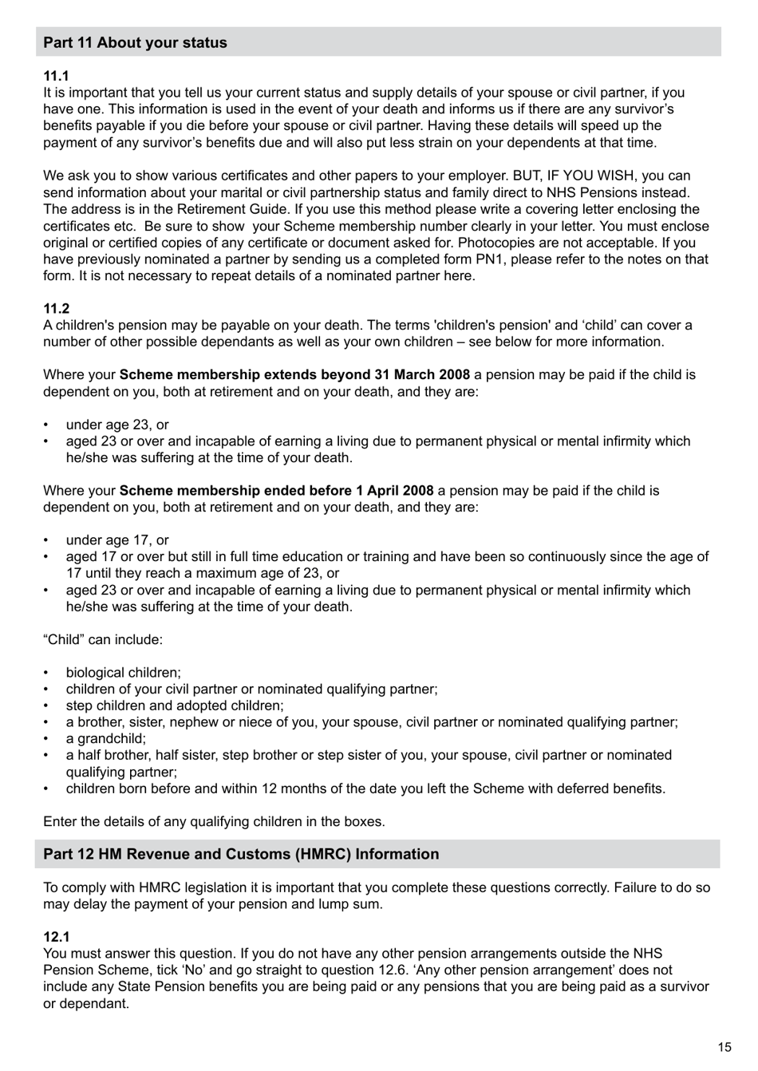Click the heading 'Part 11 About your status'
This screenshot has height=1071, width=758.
pos(135,43)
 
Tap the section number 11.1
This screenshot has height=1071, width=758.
pos(56,76)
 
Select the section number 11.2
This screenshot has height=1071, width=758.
pos(56,309)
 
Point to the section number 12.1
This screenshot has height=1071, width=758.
pos(56,937)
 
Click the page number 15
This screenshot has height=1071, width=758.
pos(724,1047)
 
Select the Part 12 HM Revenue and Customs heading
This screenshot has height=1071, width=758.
pos(240,854)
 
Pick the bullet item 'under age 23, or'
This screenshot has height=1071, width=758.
pos(117,425)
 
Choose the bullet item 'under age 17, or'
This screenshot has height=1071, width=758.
pos(117,540)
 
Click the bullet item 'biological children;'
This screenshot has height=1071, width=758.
pos(123,673)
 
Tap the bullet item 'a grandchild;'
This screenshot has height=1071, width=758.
pos(106,739)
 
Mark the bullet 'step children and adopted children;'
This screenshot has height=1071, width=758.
pos(174,705)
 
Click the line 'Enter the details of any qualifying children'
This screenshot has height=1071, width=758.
pos(214,821)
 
